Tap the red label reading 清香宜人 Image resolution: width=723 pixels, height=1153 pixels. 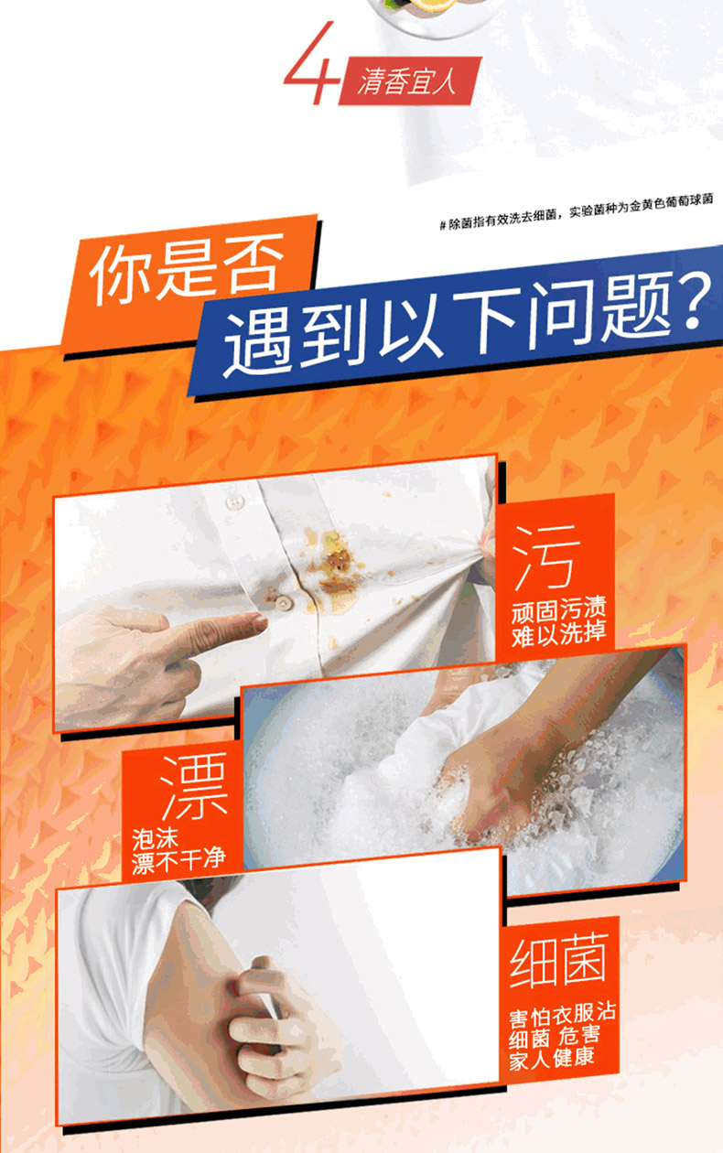coord(409,81)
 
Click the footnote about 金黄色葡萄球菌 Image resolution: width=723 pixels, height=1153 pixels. coord(577,211)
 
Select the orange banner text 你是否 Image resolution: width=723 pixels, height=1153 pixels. coord(187,267)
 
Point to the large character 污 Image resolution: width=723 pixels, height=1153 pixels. coord(547,557)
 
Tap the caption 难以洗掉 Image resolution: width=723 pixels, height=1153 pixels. coord(559,634)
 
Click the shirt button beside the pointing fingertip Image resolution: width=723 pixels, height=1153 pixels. coord(282,602)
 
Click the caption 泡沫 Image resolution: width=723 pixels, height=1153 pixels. coord(155,838)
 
